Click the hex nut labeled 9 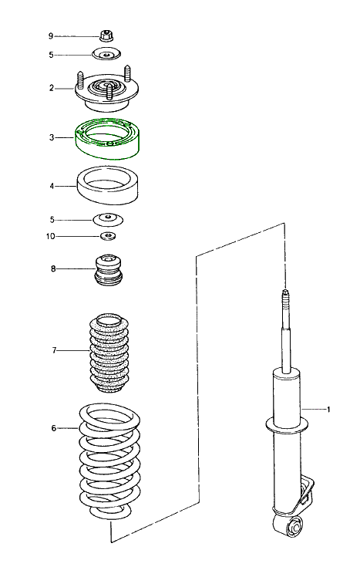coord(107,35)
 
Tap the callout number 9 coord(51,36)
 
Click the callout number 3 coord(51,137)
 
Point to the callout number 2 coord(51,88)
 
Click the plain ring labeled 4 coord(107,187)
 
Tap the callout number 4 coord(51,186)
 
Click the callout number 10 coord(50,236)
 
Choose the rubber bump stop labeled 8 coord(108,269)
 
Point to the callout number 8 coord(52,268)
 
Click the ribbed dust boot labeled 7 coord(108,351)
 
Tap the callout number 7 coord(54,350)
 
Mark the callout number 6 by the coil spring coord(53,427)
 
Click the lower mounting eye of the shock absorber coord(294,528)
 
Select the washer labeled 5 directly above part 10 coord(108,218)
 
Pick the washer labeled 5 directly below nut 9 coord(107,55)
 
